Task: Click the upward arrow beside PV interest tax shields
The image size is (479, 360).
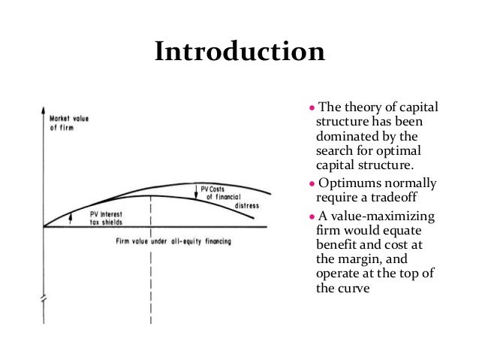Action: coord(69,217)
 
